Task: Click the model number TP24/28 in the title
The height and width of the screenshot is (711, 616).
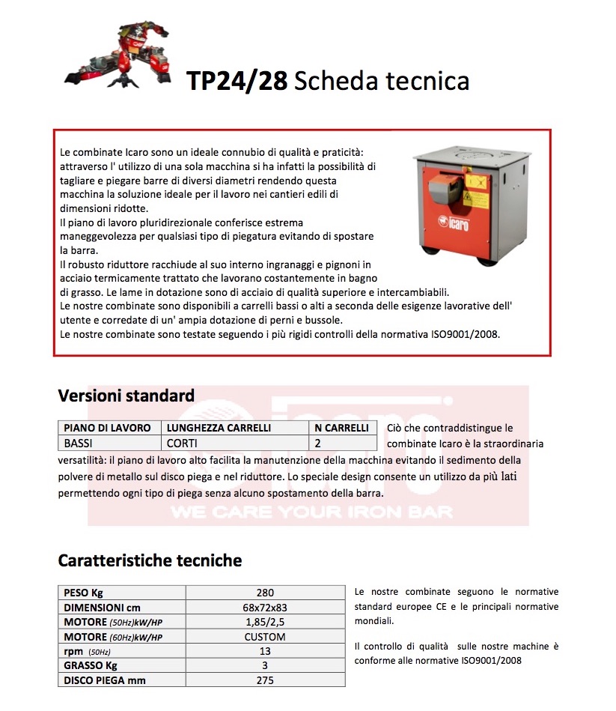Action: pyautogui.click(x=237, y=81)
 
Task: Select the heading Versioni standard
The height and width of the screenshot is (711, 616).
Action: pyautogui.click(x=126, y=396)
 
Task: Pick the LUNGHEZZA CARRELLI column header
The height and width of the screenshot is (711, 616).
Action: pyautogui.click(x=219, y=428)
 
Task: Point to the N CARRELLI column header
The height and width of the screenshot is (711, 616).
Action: pyautogui.click(x=341, y=428)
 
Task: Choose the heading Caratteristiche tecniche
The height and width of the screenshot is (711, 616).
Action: pyautogui.click(x=150, y=560)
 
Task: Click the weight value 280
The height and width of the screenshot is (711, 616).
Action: pyautogui.click(x=265, y=593)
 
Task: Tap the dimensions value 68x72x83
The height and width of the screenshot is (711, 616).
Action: pyautogui.click(x=265, y=608)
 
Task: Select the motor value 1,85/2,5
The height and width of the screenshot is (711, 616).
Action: pyautogui.click(x=265, y=623)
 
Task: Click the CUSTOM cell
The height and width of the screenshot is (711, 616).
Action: pyautogui.click(x=265, y=637)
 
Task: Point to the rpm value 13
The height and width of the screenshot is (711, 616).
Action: pyautogui.click(x=265, y=651)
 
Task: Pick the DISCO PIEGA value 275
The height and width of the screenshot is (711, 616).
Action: pyautogui.click(x=265, y=680)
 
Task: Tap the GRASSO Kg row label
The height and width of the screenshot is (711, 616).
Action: pyautogui.click(x=91, y=665)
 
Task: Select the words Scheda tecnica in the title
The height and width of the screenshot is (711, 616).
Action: pyautogui.click(x=382, y=81)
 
